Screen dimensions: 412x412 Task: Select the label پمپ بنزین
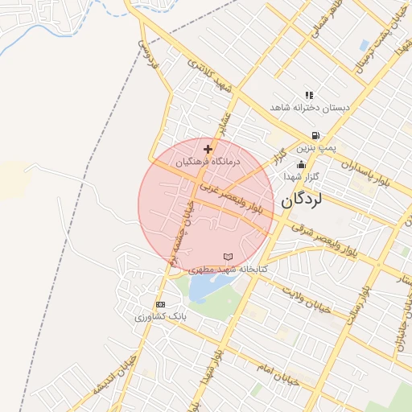pyautogui.click(x=315, y=148)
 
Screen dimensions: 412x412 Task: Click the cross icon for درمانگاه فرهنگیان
pyautogui.click(x=208, y=149)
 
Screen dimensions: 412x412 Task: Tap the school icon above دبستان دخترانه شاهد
pyautogui.click(x=309, y=95)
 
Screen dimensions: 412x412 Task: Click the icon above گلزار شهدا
pyautogui.click(x=300, y=164)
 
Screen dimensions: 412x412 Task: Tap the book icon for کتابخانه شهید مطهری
pyautogui.click(x=228, y=257)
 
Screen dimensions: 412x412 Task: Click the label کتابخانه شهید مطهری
pyautogui.click(x=228, y=269)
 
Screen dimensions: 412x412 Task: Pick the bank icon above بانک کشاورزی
pyautogui.click(x=160, y=305)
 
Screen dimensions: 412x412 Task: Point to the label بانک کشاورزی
pyautogui.click(x=160, y=317)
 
